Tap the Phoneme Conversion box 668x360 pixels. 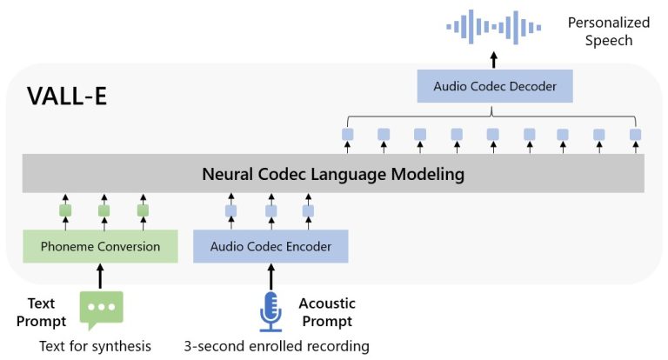click(101, 246)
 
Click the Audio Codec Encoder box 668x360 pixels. click(271, 246)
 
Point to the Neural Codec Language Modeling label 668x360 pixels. click(334, 175)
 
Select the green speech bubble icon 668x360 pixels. click(101, 309)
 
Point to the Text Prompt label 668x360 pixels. click(41, 311)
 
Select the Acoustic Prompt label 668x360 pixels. click(327, 311)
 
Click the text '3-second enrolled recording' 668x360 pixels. click(277, 346)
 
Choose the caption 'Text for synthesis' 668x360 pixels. click(95, 346)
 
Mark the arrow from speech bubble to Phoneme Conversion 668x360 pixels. click(101, 277)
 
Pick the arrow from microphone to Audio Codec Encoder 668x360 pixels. click(271, 277)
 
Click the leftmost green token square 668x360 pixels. click(64, 210)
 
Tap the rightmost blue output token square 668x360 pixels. click(635, 134)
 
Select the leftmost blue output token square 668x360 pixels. click(348, 134)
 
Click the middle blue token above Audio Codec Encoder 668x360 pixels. click(271, 210)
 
